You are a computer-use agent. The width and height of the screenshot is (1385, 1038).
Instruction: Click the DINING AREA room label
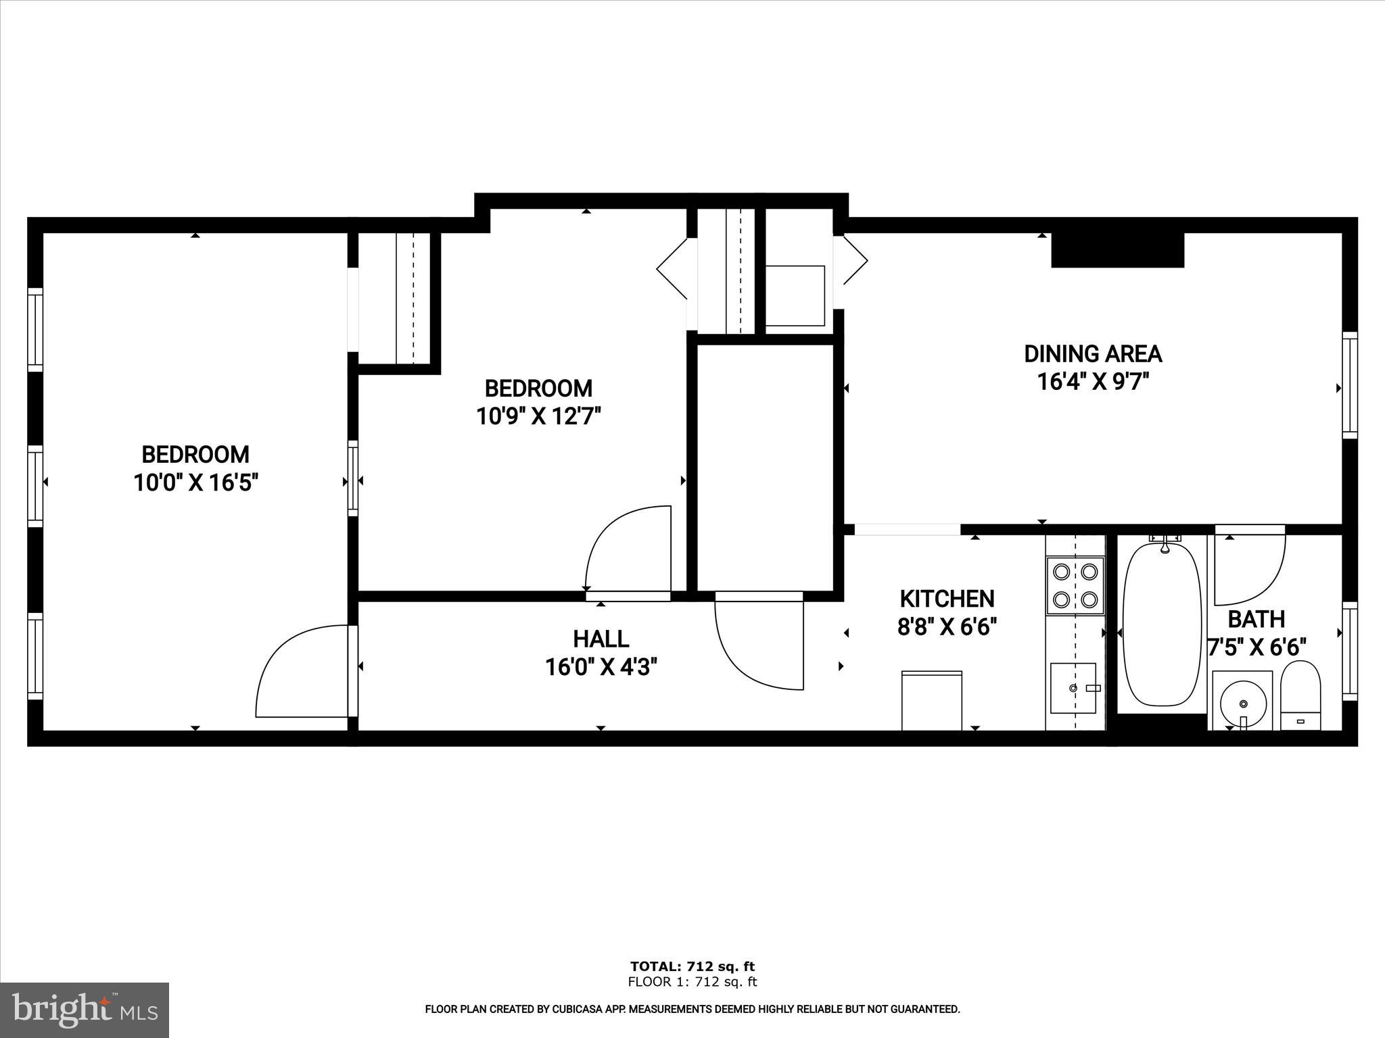pos(1093,354)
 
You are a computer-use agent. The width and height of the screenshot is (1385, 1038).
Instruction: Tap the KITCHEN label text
pos(947,599)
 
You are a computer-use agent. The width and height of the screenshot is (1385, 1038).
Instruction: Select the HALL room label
pos(601,639)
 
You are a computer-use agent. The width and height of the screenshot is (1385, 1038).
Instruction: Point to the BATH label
pos(1256,619)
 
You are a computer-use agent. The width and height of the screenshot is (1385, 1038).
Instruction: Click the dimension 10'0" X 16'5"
pos(196,483)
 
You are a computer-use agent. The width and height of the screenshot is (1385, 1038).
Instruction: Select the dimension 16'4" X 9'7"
pos(1093,382)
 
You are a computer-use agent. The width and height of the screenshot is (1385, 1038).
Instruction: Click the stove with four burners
pos(1075,585)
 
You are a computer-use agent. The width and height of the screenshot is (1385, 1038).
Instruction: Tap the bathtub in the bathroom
pos(1161,625)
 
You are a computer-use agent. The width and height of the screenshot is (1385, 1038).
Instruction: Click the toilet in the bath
pos(1300,695)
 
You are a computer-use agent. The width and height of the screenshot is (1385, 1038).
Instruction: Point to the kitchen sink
pos(1073,688)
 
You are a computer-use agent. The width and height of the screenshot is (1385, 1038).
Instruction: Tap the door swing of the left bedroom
pos(298,672)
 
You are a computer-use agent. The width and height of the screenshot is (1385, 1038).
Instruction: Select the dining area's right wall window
pos(1349,385)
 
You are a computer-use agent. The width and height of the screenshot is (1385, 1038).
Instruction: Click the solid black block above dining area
pos(1117,250)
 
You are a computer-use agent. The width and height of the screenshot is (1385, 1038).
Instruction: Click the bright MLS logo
pos(85,1010)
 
